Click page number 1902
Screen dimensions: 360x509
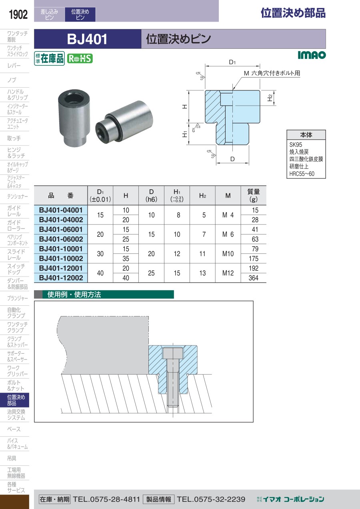(x=18, y=14)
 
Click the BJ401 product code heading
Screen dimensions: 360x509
(x=87, y=39)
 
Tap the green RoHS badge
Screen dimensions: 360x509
(x=80, y=59)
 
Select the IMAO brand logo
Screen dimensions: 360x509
(x=312, y=55)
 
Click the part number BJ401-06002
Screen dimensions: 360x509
(x=61, y=239)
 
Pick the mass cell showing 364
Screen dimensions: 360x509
(x=254, y=278)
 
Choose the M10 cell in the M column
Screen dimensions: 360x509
(x=228, y=254)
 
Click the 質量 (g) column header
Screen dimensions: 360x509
(x=254, y=195)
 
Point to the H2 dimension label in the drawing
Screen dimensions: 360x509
(x=270, y=98)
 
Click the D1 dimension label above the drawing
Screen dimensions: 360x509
(x=232, y=62)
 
